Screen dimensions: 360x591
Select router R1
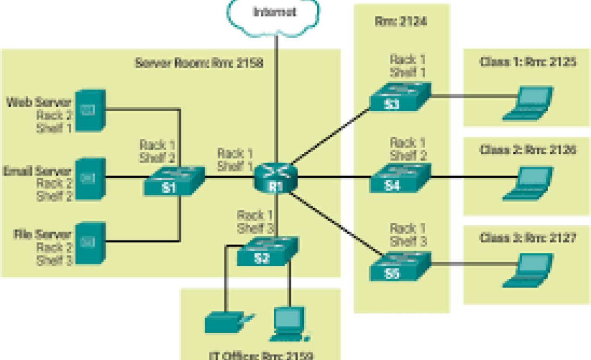[276, 178]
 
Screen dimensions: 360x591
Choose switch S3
[400, 97]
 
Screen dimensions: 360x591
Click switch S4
[400, 179]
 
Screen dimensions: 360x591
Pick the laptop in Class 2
[529, 184]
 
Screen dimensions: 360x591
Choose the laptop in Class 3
[529, 270]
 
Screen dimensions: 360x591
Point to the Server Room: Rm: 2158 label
[199, 63]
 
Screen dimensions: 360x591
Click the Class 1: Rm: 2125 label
[527, 62]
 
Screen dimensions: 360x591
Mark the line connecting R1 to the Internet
[276, 102]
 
